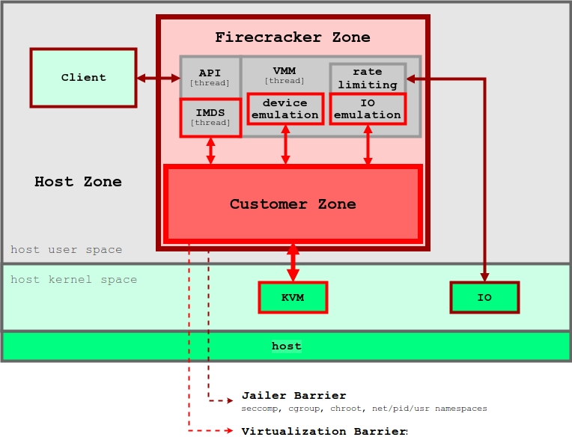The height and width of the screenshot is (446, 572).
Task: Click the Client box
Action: (83, 78)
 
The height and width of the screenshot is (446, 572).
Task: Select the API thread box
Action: (210, 77)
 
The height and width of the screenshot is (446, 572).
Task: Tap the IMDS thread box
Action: (210, 117)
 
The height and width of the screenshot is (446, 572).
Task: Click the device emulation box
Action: (285, 109)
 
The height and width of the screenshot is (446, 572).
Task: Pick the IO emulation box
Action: (368, 109)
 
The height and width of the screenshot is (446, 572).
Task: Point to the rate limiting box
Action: (368, 78)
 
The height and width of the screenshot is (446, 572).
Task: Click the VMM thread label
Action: (285, 75)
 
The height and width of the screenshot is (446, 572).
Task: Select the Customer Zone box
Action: (293, 204)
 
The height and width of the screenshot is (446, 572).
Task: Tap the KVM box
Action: (293, 297)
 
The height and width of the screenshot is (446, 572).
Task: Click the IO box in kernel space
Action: (484, 297)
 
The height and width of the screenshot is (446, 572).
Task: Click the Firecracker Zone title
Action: (293, 37)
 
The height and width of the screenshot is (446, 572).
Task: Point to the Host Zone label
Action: (78, 182)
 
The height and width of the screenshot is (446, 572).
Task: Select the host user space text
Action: (66, 250)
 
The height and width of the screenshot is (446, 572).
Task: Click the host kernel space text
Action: (73, 280)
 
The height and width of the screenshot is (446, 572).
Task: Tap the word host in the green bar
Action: (286, 346)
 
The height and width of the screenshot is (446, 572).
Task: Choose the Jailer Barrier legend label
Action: (293, 396)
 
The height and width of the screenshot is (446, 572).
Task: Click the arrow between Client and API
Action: (159, 78)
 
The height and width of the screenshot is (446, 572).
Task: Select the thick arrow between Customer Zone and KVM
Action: (293, 261)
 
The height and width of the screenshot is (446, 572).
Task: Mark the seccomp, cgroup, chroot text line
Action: (364, 409)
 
